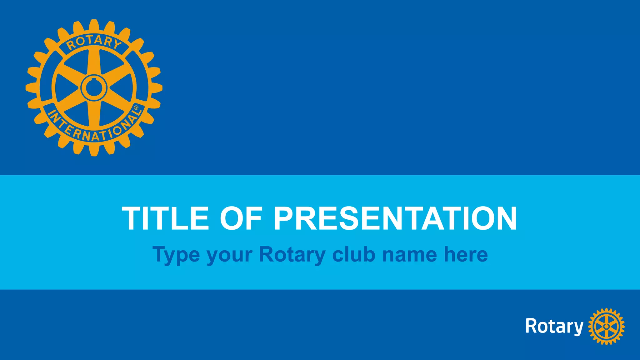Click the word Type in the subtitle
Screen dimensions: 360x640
[x=176, y=255]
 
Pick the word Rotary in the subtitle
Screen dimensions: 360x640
[x=292, y=255]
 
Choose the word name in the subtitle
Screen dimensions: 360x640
[x=409, y=255]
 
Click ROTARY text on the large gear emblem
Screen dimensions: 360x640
[x=94, y=42]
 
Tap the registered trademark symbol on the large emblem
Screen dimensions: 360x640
[x=136, y=107]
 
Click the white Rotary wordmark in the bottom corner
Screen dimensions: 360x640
[x=554, y=327]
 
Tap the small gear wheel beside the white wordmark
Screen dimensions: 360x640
[x=606, y=327]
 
